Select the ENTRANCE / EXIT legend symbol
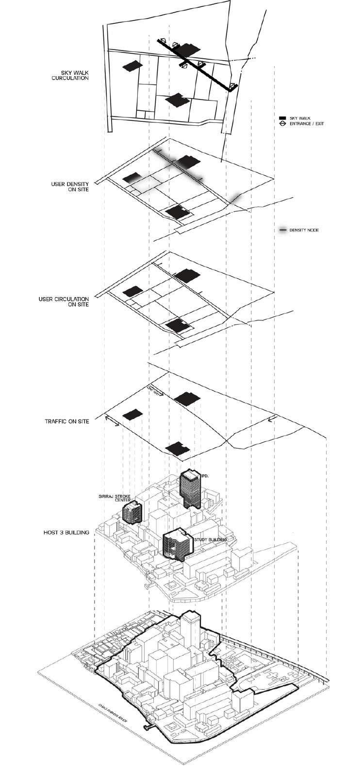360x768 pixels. (x=282, y=124)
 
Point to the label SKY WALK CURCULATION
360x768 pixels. (x=71, y=75)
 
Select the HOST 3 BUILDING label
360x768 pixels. (x=67, y=533)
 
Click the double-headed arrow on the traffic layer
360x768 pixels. (x=112, y=423)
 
